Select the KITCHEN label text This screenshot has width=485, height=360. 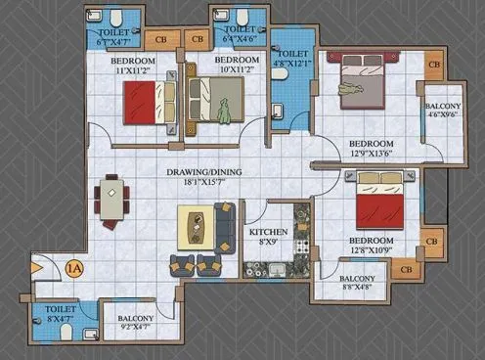point(267,232)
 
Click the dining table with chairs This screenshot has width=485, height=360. point(112,202)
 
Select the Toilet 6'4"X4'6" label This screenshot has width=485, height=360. point(240,36)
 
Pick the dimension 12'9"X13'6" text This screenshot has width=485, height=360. point(373,153)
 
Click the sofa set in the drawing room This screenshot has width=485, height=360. point(202,238)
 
